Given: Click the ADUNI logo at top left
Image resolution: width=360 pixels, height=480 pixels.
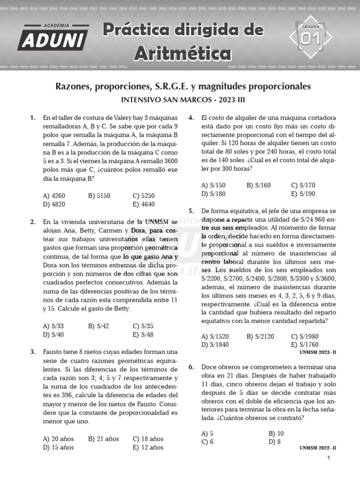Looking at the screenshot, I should pos(53,37).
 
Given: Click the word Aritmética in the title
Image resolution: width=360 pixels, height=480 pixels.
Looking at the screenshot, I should pos(183,53).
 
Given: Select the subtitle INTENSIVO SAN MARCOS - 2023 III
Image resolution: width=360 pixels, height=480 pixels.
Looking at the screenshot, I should pos(183,100).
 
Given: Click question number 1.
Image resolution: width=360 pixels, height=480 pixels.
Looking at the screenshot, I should pos(33,118).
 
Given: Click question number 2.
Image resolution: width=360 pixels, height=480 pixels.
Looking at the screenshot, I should pos(33,221).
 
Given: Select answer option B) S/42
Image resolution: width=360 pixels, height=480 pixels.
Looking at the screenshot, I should pos(98,326).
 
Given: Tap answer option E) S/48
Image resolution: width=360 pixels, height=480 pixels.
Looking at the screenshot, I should pos(143,334).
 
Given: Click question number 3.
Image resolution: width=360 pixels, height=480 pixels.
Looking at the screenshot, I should pos(33,352).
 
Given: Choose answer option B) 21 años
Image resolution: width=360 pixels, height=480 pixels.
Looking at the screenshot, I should pos(104,439).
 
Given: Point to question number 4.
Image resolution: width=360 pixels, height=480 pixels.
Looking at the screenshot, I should pos(191,118).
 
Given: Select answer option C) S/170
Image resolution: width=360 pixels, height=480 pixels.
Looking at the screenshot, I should pos(303,185).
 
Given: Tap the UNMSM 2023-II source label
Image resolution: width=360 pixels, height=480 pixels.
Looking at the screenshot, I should pos(317,352).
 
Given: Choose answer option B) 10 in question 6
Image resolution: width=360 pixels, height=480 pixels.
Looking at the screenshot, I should pos(276,433).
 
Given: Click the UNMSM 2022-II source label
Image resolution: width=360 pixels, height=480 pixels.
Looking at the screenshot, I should pos(317,448).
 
